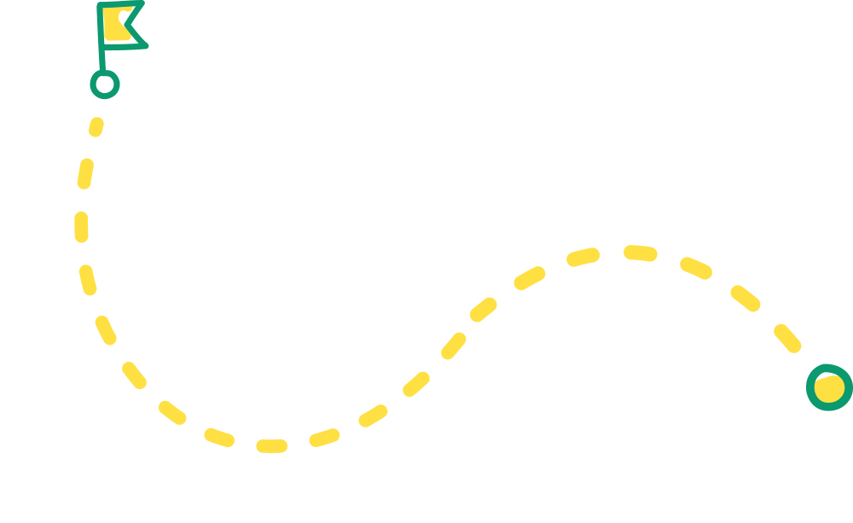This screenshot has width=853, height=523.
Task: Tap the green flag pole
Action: click(102, 51)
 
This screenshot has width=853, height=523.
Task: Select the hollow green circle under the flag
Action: click(105, 84)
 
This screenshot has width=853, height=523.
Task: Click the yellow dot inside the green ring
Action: click(828, 387)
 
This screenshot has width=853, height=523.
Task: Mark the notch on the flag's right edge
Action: click(129, 23)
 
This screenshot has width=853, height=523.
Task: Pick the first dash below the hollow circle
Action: click(96, 127)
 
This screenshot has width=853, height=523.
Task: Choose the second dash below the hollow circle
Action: click(84, 173)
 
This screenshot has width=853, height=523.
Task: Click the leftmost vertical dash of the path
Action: click(81, 227)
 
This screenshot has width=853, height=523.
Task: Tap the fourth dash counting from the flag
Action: click(88, 280)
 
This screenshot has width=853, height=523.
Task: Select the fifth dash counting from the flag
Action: click(106, 330)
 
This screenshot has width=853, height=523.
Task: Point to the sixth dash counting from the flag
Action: click(134, 375)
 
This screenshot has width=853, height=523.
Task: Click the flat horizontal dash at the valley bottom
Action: click(271, 445)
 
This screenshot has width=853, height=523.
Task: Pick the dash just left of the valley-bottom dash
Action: click(219, 437)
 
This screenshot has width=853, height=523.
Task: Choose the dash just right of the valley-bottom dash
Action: click(324, 438)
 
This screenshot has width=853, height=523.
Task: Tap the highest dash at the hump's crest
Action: click(640, 253)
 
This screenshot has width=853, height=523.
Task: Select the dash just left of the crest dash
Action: click(584, 256)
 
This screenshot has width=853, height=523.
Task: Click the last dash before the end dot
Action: click(787, 338)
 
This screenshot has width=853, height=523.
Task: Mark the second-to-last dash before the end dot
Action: click(745, 298)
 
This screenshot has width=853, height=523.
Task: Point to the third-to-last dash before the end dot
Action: click(695, 268)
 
